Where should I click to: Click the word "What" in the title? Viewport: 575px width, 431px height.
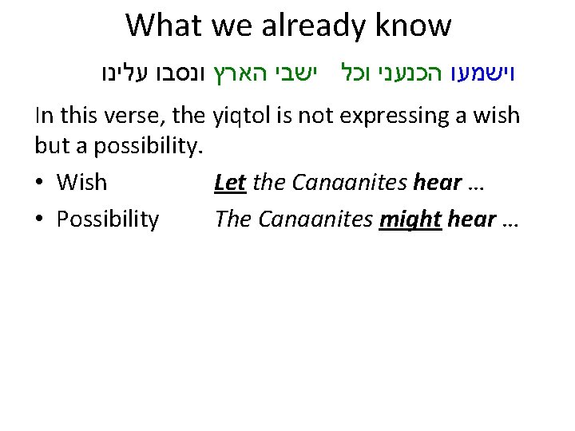point(164,26)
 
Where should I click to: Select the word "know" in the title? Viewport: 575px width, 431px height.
point(418,26)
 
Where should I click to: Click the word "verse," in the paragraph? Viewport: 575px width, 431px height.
point(137,117)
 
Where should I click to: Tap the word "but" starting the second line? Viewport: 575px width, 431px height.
point(51,149)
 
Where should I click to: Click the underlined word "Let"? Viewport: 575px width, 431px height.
point(230,183)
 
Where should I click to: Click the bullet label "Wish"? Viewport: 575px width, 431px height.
point(81,183)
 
